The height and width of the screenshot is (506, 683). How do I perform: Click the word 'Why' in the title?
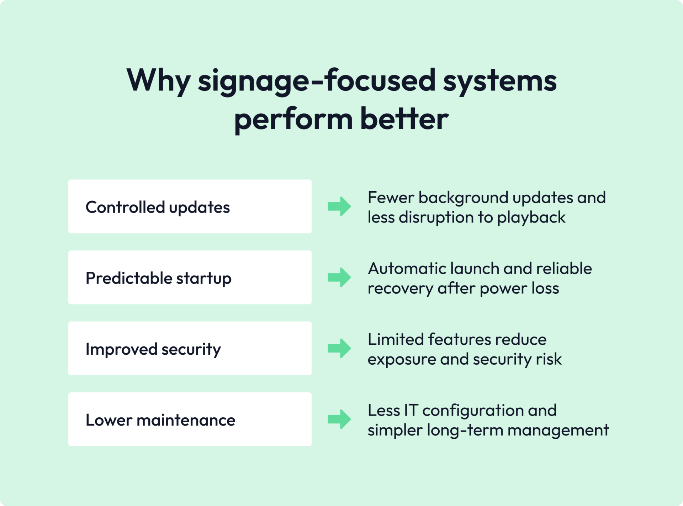click(158, 81)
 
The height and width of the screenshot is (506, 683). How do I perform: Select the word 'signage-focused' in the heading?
click(317, 81)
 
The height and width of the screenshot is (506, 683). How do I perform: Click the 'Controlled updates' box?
click(190, 207)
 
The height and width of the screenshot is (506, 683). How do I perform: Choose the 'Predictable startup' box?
click(190, 277)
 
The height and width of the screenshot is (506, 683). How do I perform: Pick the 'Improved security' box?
click(190, 348)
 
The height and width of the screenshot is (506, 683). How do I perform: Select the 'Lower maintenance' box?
click(190, 419)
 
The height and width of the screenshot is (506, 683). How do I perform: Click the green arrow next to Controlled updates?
click(339, 207)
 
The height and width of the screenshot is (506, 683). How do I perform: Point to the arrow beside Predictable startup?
click(339, 277)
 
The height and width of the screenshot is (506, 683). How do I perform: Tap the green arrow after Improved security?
click(339, 348)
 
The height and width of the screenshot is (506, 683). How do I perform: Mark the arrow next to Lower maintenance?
click(339, 419)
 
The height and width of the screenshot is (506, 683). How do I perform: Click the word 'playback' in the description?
click(531, 218)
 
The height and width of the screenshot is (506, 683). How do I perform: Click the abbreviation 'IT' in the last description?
click(411, 410)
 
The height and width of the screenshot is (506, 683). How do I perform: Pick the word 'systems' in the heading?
click(500, 81)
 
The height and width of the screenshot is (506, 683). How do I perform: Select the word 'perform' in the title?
click(293, 119)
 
